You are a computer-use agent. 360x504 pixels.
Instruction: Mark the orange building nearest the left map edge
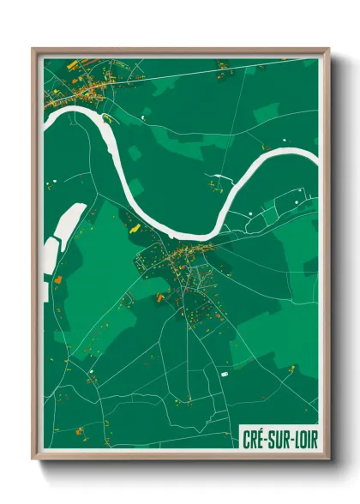pyautogui.click(x=57, y=278)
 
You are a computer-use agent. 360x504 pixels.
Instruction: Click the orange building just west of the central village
pyautogui.click(x=159, y=297)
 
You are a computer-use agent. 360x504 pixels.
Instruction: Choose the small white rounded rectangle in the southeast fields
pyautogui.click(x=225, y=374)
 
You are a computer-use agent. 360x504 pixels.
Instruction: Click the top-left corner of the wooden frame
pyautogui.click(x=33, y=50)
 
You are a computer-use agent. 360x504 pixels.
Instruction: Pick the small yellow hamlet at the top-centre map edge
pyautogui.click(x=221, y=64)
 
